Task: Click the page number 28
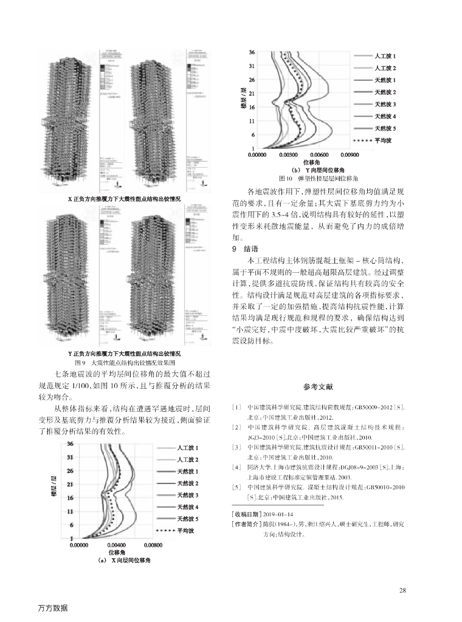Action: click(402, 590)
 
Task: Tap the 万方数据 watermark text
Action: click(52, 608)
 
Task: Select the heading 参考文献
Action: click(317, 387)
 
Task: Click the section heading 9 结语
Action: click(246, 249)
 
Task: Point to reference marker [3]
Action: click(237, 446)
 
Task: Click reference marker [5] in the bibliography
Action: click(237, 487)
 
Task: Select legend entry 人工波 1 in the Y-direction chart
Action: click(385, 56)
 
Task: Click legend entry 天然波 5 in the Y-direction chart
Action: click(385, 128)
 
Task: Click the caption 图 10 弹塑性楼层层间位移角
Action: click(317, 179)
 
